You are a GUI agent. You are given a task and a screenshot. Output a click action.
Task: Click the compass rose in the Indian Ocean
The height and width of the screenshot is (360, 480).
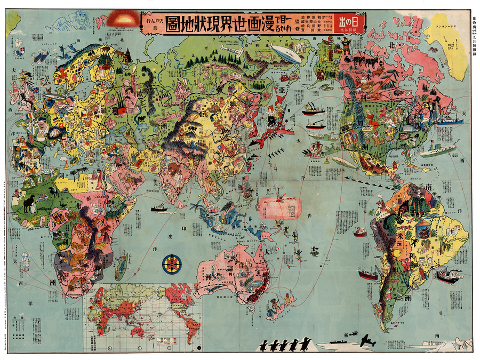coord(172,264)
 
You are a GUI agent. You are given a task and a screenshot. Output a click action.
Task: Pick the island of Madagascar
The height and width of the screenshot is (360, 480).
coord(122,267)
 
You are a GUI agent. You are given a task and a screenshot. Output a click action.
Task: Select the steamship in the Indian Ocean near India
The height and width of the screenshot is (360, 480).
coord(159,208)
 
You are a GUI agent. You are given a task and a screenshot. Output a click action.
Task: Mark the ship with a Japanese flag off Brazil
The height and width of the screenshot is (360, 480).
coord(447,276)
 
